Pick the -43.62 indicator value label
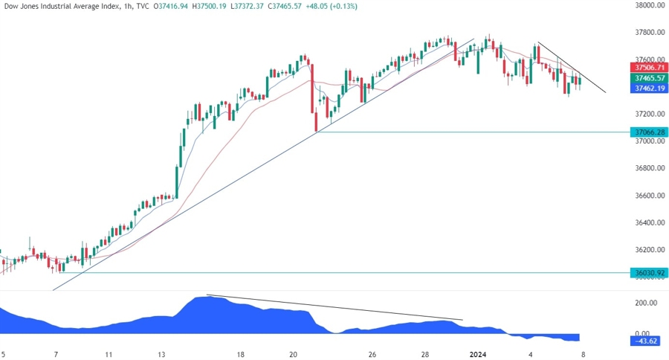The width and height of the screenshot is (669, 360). point(644,341)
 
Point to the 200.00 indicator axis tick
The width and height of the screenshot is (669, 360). point(644,303)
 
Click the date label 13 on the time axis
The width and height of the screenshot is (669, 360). point(162,355)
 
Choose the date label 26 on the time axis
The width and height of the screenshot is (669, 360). point(372,355)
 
